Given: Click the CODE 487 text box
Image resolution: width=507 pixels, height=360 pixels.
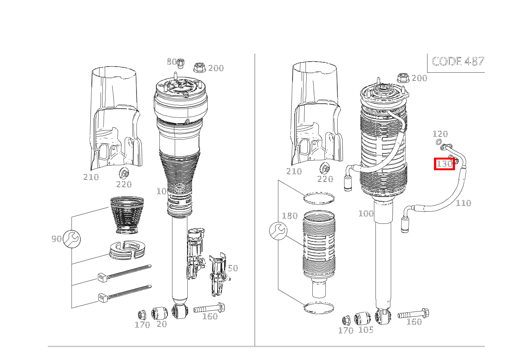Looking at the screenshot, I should coord(457,61).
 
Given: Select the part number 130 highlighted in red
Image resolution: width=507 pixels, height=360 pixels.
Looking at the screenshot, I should coord(444,164).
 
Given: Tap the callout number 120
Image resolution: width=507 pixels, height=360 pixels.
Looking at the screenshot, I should coord(440,134).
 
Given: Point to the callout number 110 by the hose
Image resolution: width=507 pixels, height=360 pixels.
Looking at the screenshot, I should coord(463,203).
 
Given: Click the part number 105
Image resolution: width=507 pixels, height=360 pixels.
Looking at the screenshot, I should coord(366,329).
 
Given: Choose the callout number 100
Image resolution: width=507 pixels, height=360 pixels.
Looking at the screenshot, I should coord(366,213).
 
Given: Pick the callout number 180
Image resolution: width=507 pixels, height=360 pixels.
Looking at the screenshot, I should coord(289,216).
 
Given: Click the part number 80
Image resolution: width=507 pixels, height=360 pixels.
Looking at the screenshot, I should coord(171,62).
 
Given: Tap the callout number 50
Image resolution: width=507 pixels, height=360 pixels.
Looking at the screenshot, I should coord(233,268).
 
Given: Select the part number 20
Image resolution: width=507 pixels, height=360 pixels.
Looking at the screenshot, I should coord(162,324).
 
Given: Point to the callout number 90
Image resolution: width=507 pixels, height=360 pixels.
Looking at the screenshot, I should coord(56,239).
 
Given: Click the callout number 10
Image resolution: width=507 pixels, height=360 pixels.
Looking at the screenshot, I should coord(161,191).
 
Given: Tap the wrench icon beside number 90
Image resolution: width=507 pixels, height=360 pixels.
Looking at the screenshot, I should coord(71,239).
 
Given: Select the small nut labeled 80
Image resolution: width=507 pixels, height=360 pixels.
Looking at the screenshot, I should coord(181,62).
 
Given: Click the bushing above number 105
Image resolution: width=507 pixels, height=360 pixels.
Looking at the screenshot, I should coord(362,318).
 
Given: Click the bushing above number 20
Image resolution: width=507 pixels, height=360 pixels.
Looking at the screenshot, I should coord(160,313).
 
